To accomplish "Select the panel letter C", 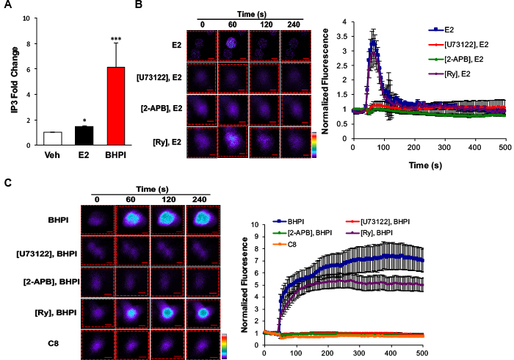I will point(6,179).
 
